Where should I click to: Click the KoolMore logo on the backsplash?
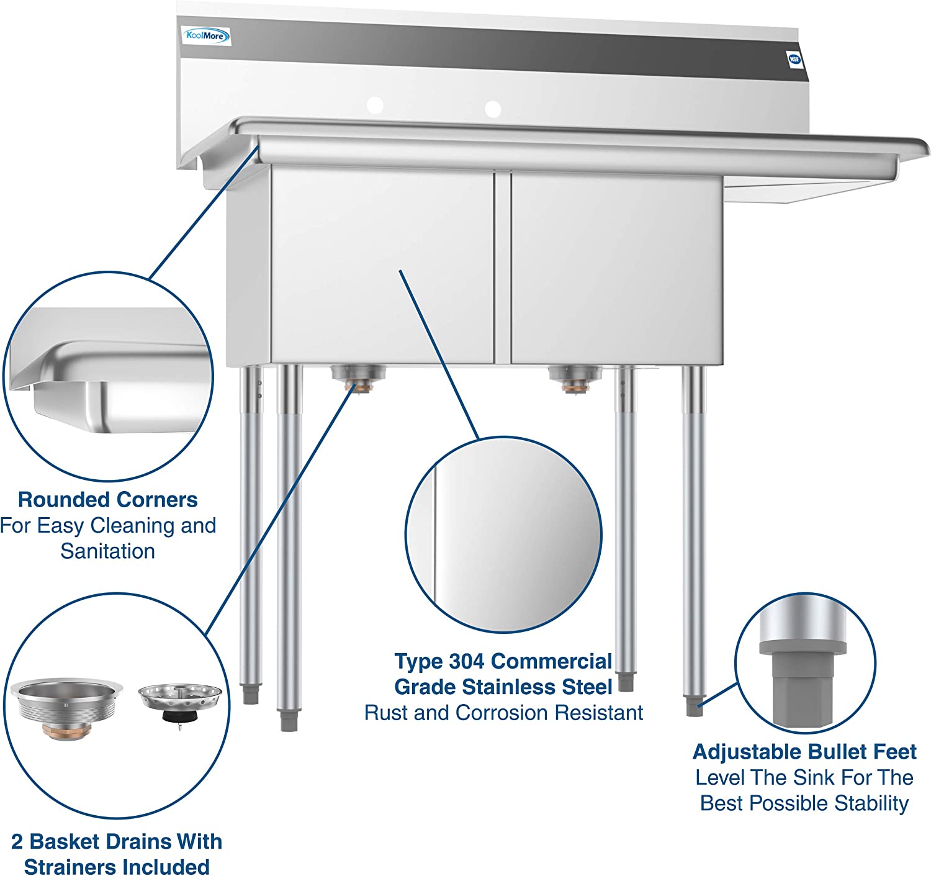click(206, 36)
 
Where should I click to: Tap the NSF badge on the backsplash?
click(794, 60)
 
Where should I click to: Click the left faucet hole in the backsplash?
click(374, 105)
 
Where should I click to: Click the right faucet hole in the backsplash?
click(492, 109)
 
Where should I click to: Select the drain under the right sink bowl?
click(574, 377)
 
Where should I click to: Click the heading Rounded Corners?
click(108, 500)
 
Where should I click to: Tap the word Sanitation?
click(108, 551)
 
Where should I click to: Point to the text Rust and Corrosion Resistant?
click(503, 713)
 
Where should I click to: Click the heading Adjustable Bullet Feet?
click(804, 752)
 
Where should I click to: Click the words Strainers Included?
click(117, 867)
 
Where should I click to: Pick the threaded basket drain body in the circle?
click(67, 708)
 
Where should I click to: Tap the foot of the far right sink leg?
click(695, 707)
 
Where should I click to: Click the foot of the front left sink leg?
click(288, 721)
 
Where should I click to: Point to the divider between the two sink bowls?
click(503, 267)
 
